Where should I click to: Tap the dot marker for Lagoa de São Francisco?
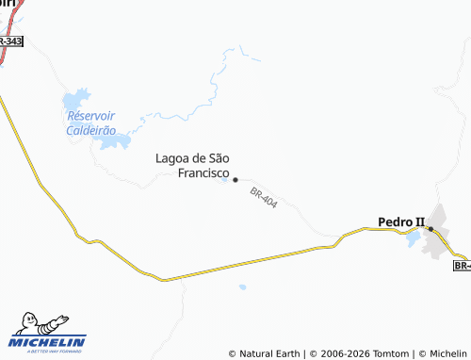pyautogui.click(x=235, y=179)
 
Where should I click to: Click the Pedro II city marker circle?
pyautogui.click(x=430, y=229)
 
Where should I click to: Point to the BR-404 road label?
pyautogui.click(x=264, y=199)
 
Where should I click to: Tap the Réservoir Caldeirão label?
pyautogui.click(x=91, y=123)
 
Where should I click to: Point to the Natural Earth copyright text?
pyautogui.click(x=265, y=353)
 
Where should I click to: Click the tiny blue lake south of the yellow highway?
pyautogui.click(x=242, y=286)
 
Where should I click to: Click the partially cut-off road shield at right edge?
pyautogui.click(x=462, y=266)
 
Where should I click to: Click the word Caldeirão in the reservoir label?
pyautogui.click(x=91, y=130)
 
